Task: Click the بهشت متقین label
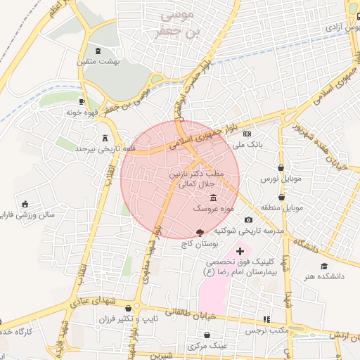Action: pyautogui.click(x=98, y=62)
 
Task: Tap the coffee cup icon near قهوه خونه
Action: pyautogui.click(x=83, y=101)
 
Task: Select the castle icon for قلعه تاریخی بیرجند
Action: pyautogui.click(x=105, y=139)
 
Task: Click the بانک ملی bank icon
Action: pyautogui.click(x=247, y=134)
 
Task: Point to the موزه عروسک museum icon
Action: pyautogui.click(x=213, y=199)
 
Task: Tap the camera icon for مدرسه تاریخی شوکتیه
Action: pyautogui.click(x=248, y=221)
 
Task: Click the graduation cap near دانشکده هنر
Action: pyautogui.click(x=324, y=266)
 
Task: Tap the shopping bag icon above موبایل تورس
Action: pyautogui.click(x=281, y=168)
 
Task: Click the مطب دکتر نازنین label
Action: pyautogui.click(x=196, y=173)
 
